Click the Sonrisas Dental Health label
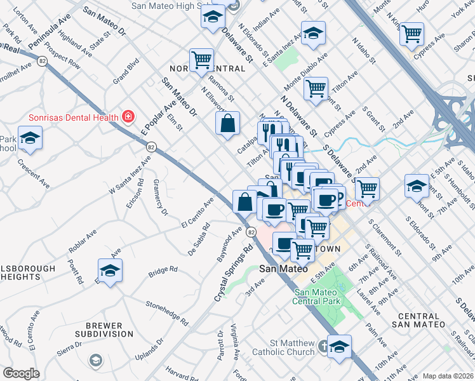point(72,117)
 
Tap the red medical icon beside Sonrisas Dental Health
point(128,117)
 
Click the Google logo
point(21,373)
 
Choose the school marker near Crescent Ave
point(30,138)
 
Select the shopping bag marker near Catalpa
point(227,123)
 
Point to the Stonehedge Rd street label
point(168,313)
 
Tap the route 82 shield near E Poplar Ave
point(151,147)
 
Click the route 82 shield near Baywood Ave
point(252,233)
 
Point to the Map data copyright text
point(448,375)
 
